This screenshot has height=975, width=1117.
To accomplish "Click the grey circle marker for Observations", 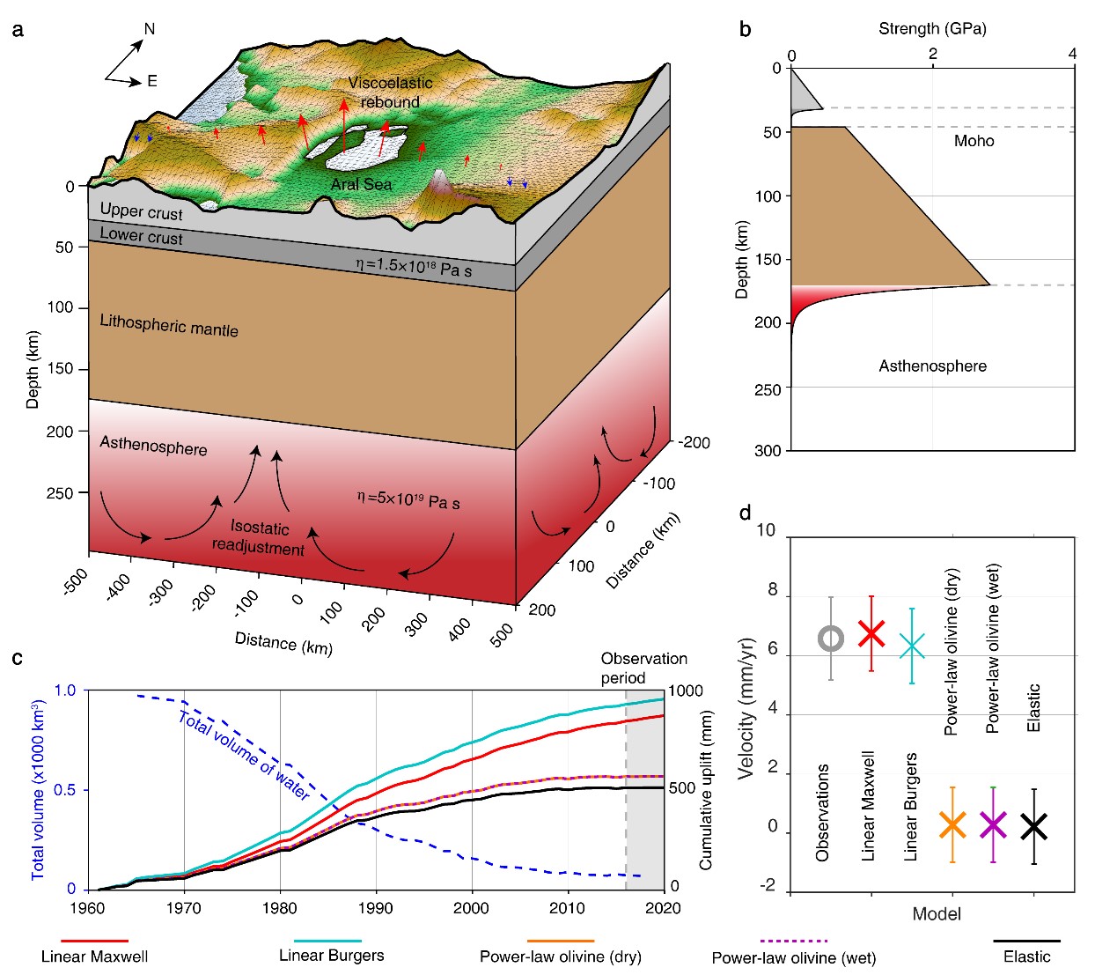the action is [x=830, y=639].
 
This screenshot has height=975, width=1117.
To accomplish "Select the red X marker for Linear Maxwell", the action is [x=871, y=633].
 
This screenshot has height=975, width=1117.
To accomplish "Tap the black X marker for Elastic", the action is [x=1033, y=826].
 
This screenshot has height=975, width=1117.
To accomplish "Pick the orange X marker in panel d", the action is [x=952, y=824].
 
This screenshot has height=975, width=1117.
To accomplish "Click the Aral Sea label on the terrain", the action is [x=361, y=184].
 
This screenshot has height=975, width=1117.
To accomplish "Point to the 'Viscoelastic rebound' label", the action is [x=390, y=92].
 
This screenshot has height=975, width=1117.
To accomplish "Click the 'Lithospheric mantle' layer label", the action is [x=169, y=326].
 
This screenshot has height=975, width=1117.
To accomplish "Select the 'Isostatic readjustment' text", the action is [x=258, y=538].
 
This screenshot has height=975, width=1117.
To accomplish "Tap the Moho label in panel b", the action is [x=974, y=141].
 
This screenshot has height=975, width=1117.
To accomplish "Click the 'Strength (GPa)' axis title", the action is [x=932, y=28].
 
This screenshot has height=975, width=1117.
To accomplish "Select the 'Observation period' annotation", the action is [x=644, y=668].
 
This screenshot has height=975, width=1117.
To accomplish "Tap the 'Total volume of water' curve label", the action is [x=244, y=756].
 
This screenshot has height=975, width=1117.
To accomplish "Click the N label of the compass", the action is [x=149, y=29].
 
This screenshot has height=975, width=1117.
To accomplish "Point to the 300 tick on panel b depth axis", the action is [x=768, y=451].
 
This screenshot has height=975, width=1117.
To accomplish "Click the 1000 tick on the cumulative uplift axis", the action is [x=686, y=691].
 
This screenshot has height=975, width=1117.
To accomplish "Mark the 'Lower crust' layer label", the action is [x=141, y=235].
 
